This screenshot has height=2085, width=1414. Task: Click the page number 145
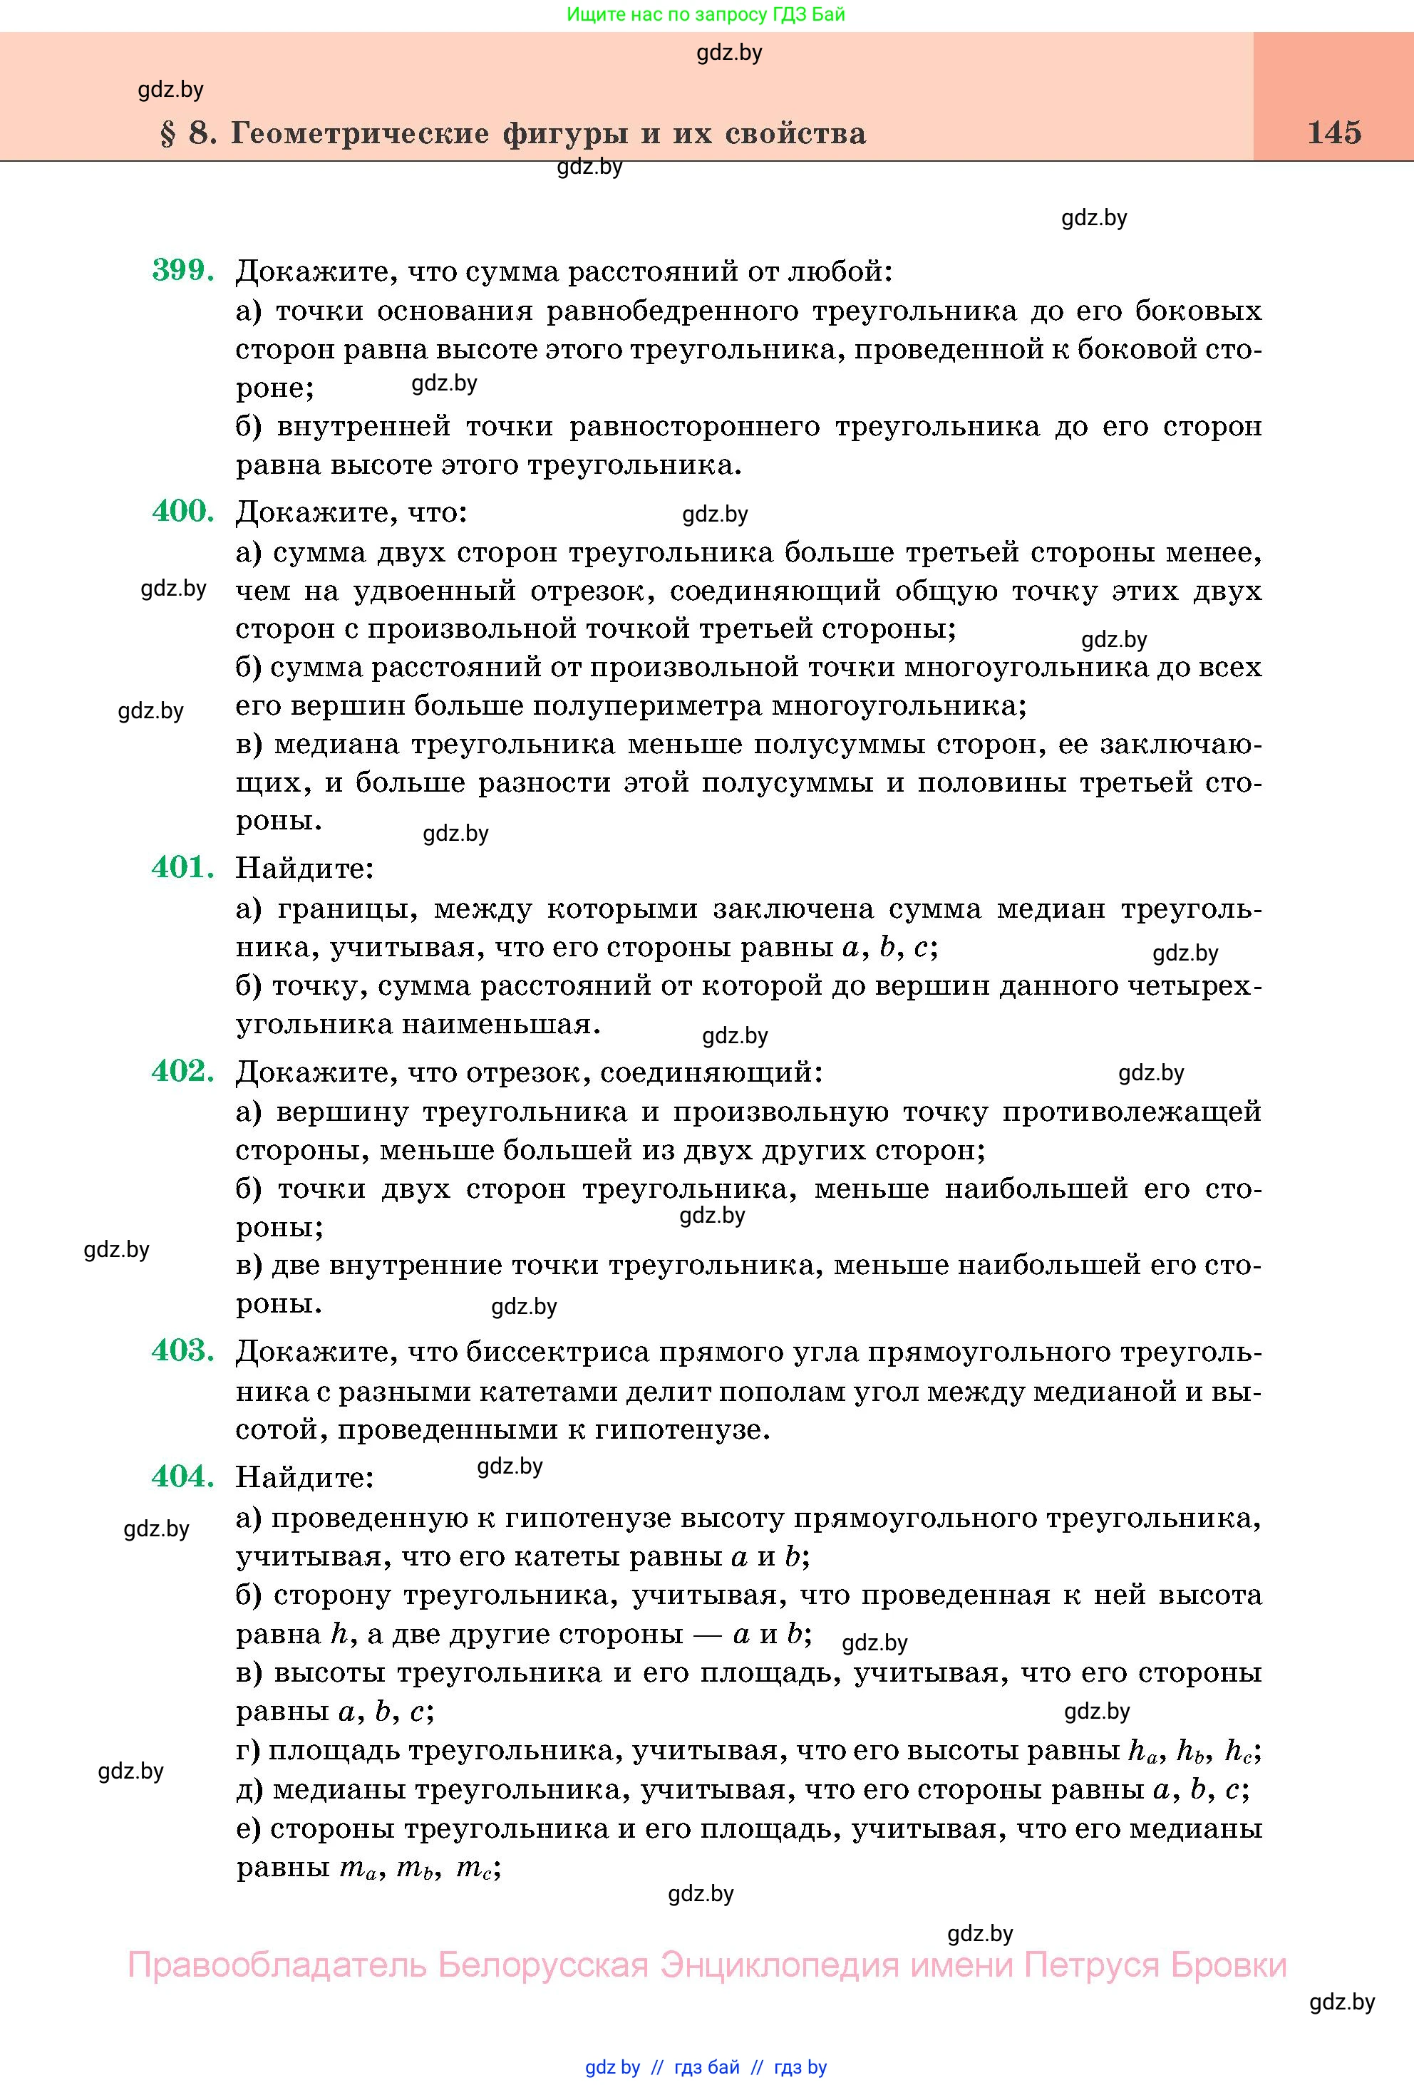pyautogui.click(x=1334, y=133)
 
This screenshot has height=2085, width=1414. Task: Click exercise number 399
pyautogui.click(x=183, y=270)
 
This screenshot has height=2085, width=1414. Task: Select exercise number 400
pyautogui.click(x=183, y=512)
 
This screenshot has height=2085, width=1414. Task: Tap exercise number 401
pyautogui.click(x=183, y=866)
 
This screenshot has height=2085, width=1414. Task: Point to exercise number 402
pyautogui.click(x=183, y=1070)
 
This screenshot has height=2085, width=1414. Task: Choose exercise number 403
pyautogui.click(x=183, y=1350)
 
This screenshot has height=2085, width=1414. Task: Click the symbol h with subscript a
pyautogui.click(x=1143, y=1752)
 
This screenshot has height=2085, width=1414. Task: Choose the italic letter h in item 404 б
pyautogui.click(x=339, y=1634)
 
